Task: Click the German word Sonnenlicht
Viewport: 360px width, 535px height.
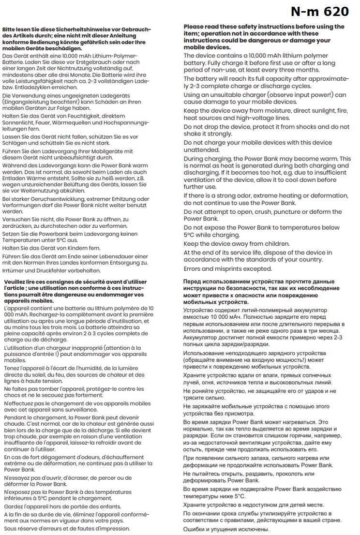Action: coord(18,123)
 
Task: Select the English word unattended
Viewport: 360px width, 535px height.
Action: coord(201,150)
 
